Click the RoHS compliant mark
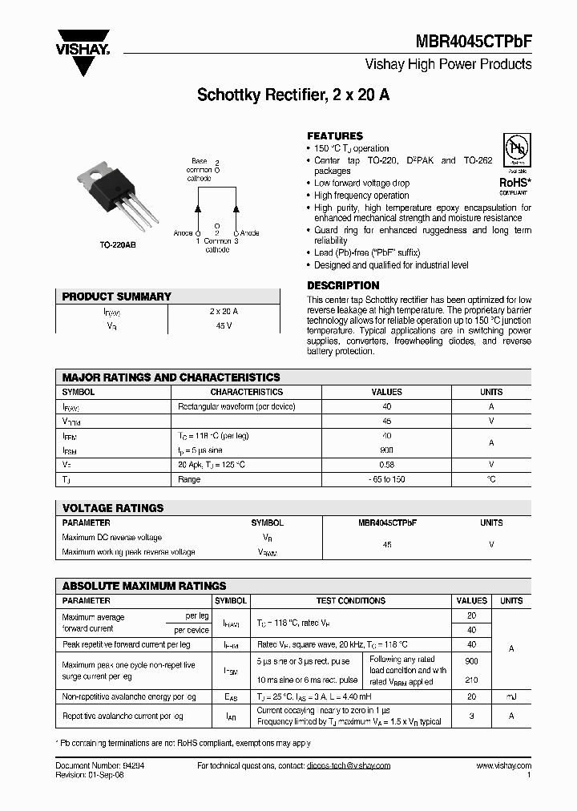pos(514,183)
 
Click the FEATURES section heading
pos(335,136)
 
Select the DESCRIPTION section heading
pos(343,285)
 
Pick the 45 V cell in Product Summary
pos(224,325)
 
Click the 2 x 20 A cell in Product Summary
pos(224,311)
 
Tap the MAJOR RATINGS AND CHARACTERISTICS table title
pos(171,377)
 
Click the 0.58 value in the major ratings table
pos(386,464)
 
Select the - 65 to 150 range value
pos(386,479)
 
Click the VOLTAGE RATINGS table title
pos(113,508)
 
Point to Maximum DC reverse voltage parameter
pos(112,538)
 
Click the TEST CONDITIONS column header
pos(351,600)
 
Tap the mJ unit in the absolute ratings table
pos(511,697)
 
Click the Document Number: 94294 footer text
pos(95,766)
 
